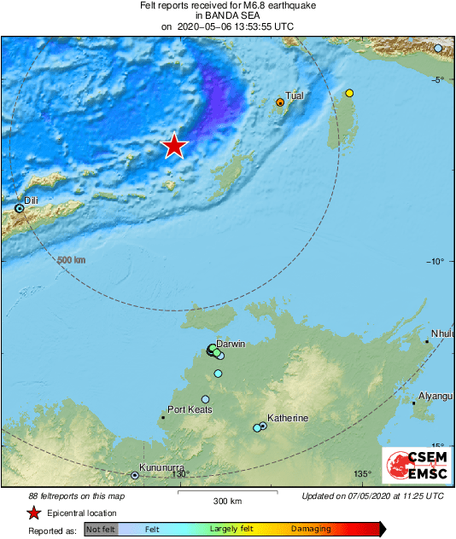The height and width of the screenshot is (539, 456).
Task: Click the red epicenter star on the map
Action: coord(174,146)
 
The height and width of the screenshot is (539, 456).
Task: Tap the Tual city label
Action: coord(295,96)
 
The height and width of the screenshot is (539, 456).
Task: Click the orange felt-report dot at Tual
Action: coord(280,102)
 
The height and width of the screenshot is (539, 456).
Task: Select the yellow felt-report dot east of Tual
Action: coord(349,93)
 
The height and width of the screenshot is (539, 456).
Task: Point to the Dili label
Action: coord(31,200)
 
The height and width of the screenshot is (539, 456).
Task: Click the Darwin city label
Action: coord(231,344)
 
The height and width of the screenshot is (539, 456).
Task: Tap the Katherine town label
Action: coord(288,418)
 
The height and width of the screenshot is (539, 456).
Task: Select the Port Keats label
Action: coord(190,409)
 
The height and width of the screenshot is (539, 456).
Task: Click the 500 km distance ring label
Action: coord(71,260)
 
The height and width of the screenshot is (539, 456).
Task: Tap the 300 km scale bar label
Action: coord(227,501)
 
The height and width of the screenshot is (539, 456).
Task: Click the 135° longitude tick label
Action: coord(364,474)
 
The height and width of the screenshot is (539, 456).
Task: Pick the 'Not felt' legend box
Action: coord(101,530)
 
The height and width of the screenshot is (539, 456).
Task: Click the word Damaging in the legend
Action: coord(311,530)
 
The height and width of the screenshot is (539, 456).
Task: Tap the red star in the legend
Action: coord(33,513)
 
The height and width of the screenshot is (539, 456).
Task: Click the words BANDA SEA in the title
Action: coord(228,15)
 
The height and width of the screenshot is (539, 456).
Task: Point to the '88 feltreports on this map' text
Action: coord(77,496)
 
